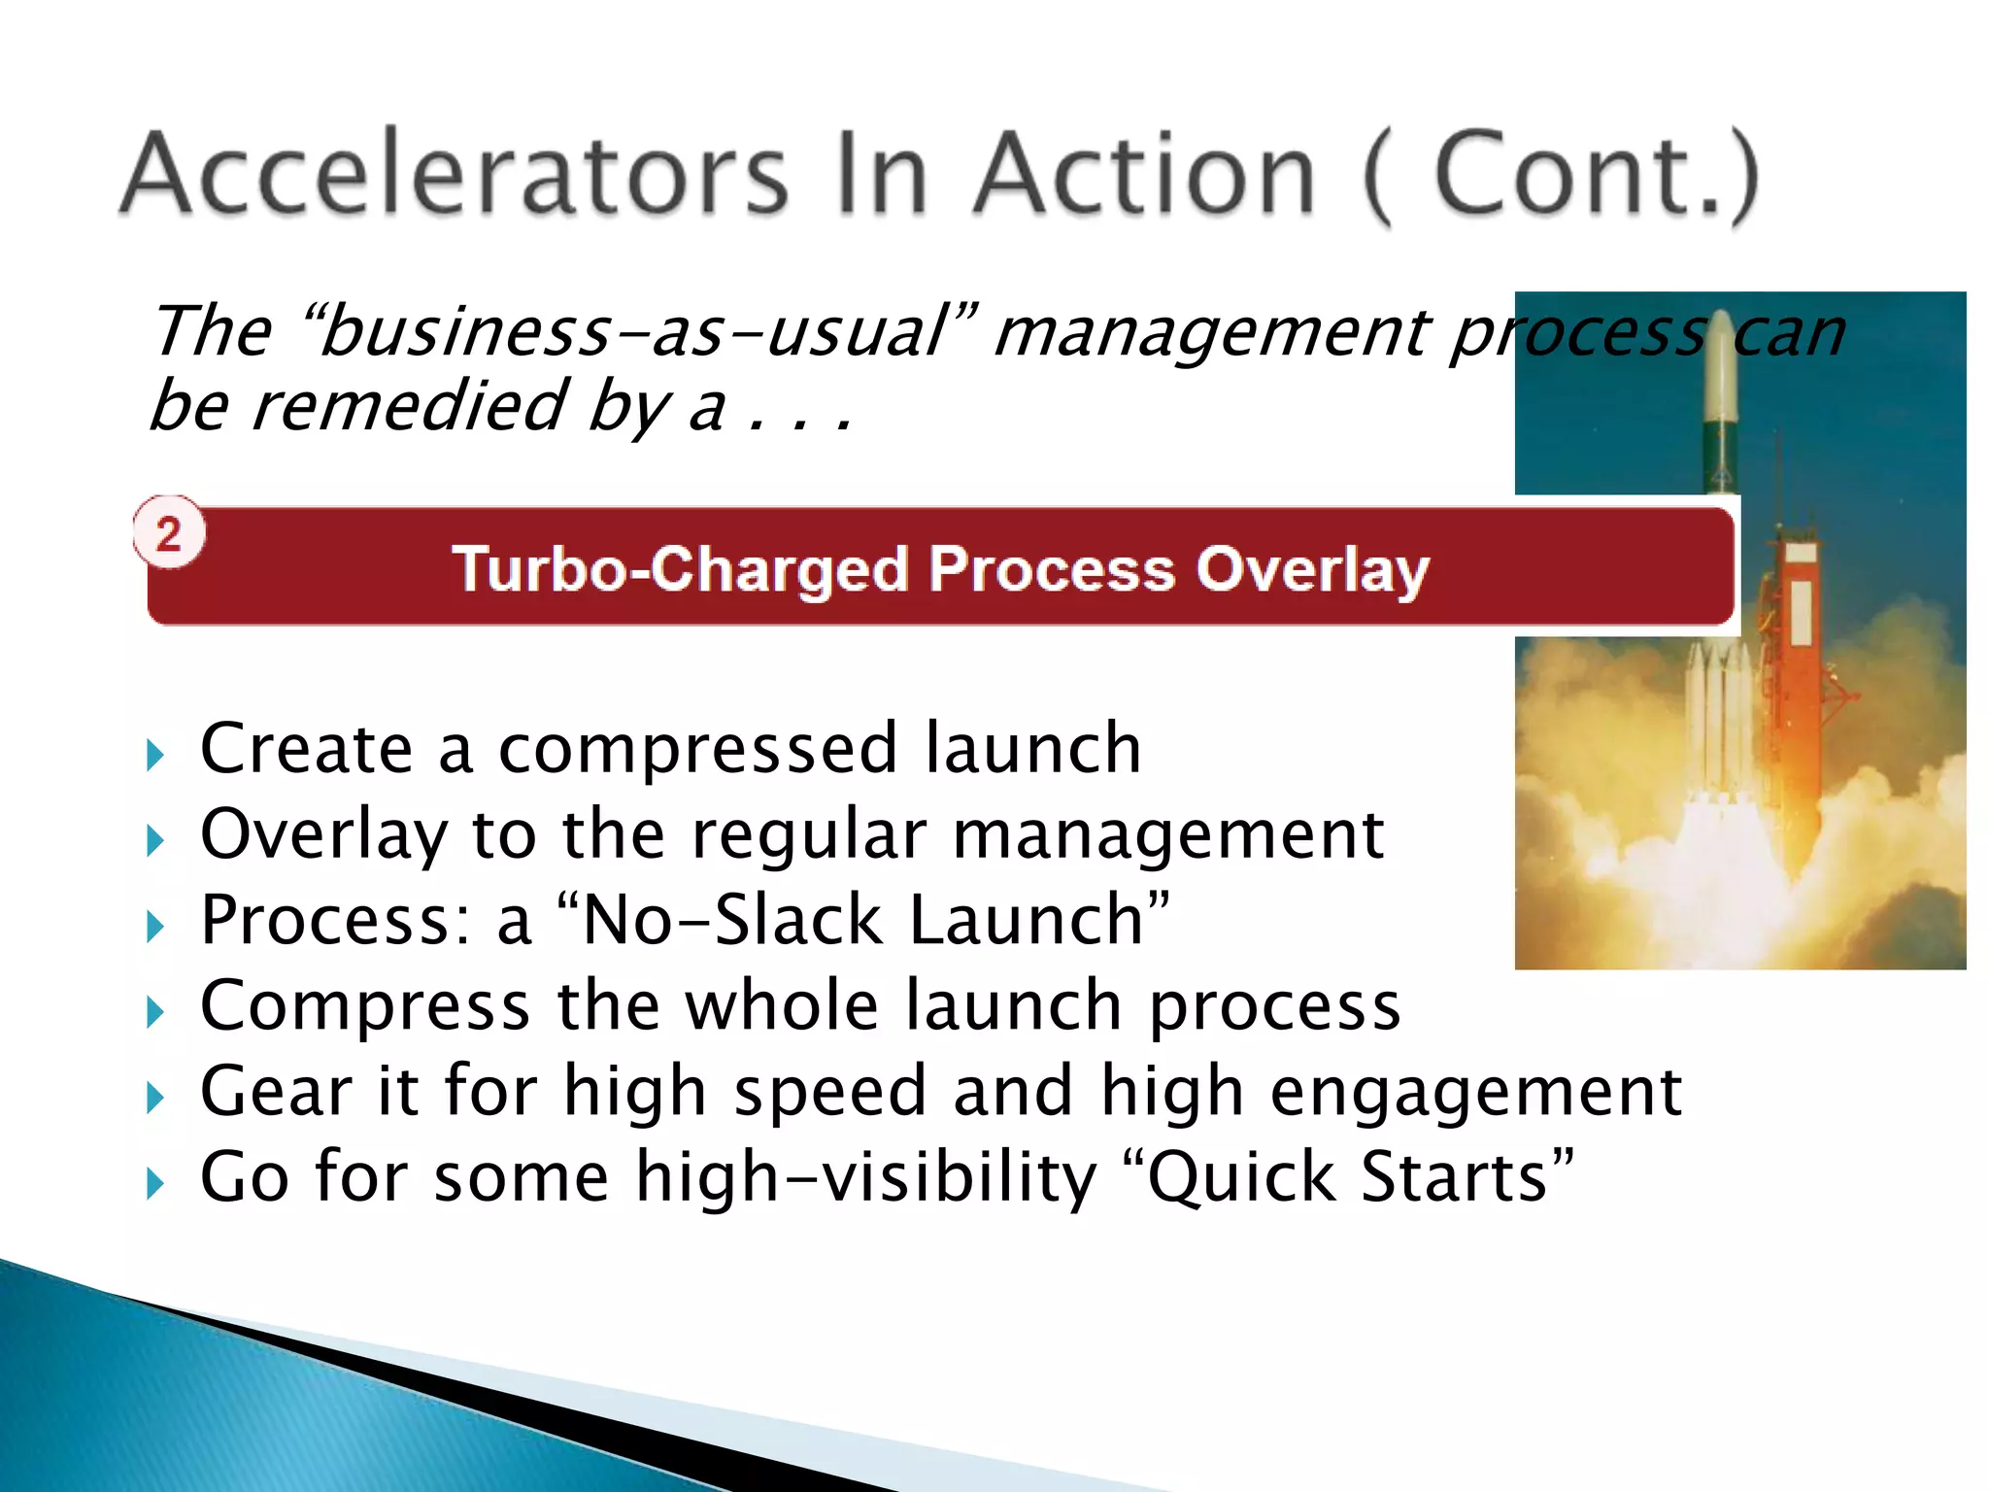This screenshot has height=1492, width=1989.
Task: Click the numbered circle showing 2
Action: (169, 533)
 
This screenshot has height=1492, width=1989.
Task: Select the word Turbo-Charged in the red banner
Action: (680, 569)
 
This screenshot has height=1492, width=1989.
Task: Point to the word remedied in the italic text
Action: (408, 406)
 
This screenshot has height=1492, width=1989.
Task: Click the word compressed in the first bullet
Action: (697, 750)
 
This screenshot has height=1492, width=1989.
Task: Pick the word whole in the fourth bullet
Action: (782, 1005)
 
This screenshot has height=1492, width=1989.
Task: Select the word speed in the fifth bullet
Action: (830, 1092)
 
